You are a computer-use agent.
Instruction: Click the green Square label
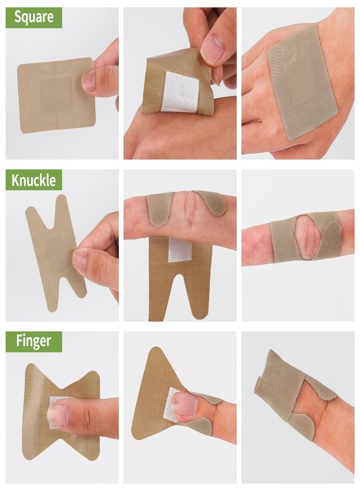[34, 17]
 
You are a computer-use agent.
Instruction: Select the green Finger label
[34, 342]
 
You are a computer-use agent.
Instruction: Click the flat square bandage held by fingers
[56, 95]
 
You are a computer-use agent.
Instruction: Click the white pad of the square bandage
[181, 92]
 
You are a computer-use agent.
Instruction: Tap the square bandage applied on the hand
[302, 81]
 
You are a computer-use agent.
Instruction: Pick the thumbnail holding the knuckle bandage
[80, 261]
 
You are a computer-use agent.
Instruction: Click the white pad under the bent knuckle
[180, 249]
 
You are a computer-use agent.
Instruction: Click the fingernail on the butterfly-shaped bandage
[58, 415]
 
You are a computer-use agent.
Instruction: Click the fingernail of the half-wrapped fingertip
[184, 403]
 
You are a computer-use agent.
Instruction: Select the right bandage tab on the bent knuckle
[211, 202]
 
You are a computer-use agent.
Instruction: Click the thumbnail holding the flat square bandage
[88, 81]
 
